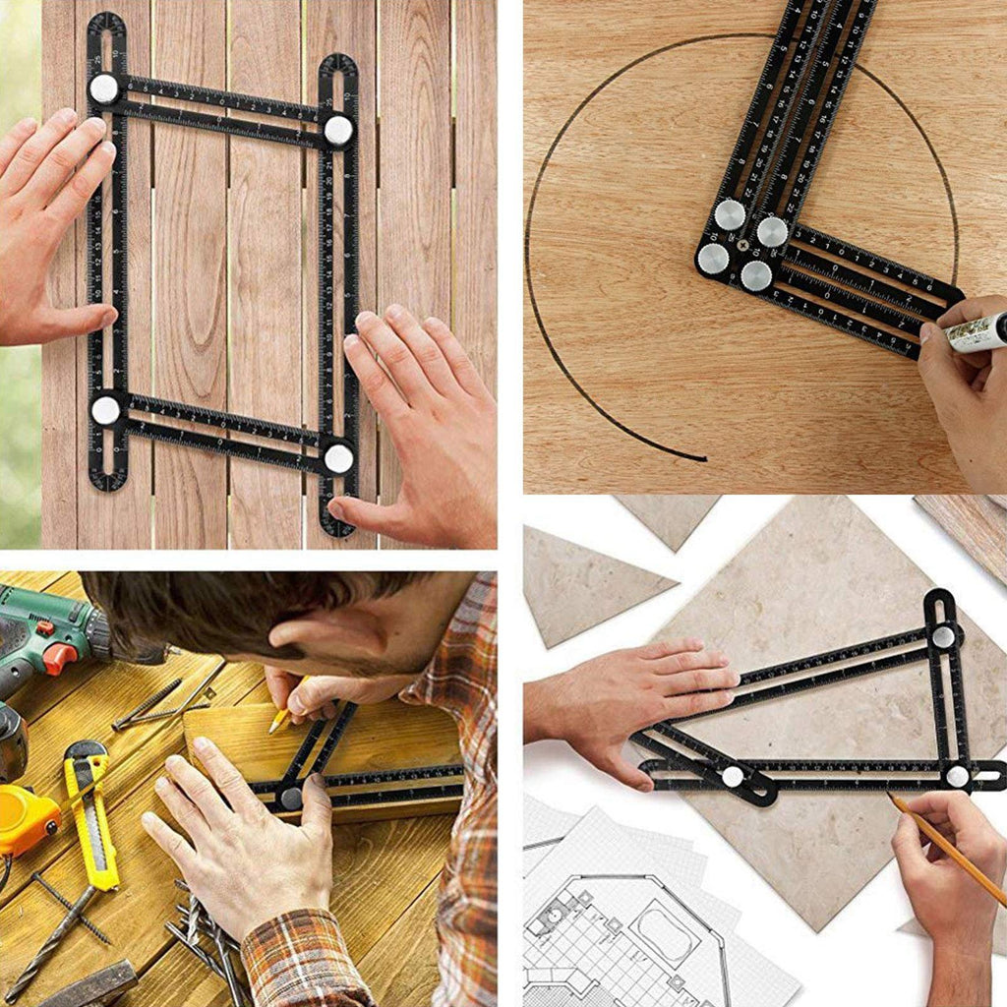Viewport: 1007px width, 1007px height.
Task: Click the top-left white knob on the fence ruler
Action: (103, 89)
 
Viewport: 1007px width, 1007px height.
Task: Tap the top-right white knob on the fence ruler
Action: (338, 130)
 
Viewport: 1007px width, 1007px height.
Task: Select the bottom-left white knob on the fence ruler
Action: (105, 410)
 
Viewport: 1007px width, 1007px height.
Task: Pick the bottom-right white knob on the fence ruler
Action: (338, 457)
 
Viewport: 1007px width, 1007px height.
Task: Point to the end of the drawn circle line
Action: (702, 457)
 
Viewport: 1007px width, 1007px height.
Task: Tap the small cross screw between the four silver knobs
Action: (743, 245)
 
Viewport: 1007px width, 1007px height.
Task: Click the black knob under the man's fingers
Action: (290, 798)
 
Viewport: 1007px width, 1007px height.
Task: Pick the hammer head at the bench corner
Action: (89, 983)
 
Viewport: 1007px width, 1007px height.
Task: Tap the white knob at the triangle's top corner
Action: (943, 636)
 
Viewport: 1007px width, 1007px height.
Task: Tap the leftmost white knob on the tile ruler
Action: (732, 776)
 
